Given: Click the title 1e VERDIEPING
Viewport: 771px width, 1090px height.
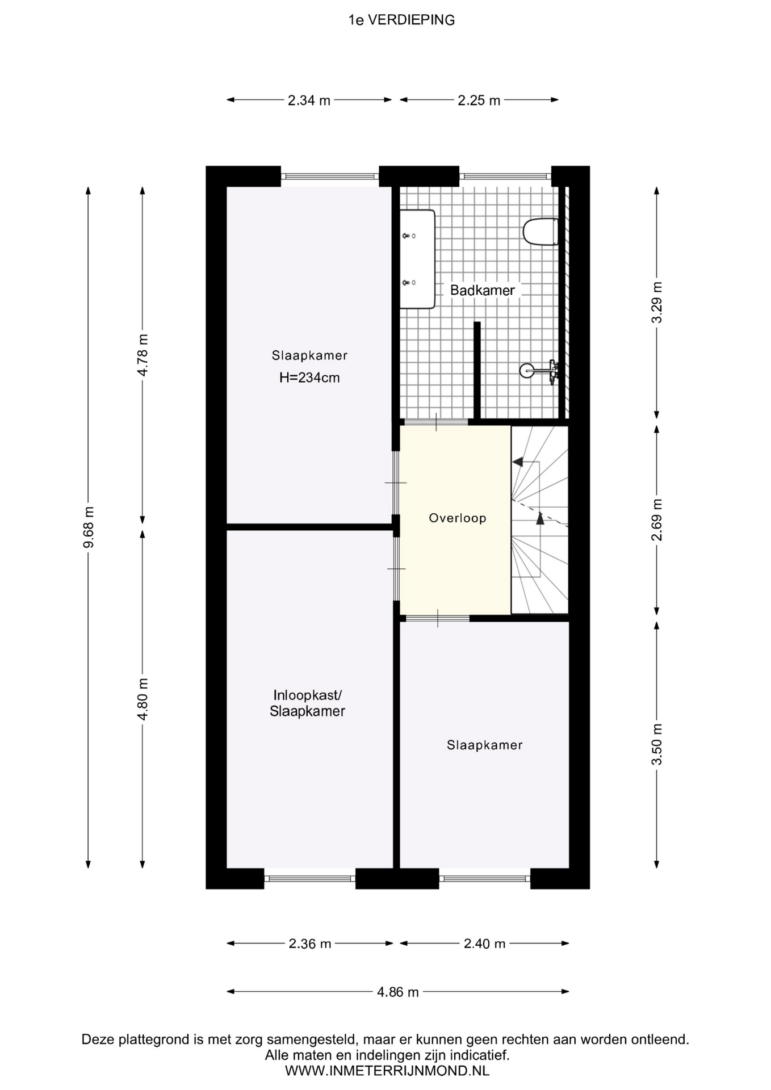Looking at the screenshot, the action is [401, 20].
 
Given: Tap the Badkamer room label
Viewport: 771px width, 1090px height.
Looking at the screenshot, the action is [483, 290].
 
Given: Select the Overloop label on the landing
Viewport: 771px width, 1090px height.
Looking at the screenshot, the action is [458, 518].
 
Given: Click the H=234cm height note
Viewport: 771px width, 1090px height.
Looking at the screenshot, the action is [309, 378].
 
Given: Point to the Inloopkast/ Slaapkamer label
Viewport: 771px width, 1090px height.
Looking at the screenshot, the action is [307, 703].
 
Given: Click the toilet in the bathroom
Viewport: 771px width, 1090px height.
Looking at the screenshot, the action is [540, 232].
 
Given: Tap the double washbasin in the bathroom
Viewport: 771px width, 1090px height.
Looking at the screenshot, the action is [417, 259].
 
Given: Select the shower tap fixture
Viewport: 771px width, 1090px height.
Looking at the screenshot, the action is [539, 371].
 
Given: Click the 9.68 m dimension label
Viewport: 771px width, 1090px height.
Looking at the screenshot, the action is [89, 527].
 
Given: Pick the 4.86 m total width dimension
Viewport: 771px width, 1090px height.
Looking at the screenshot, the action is [398, 992].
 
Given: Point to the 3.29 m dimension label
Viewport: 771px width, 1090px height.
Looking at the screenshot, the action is [657, 303].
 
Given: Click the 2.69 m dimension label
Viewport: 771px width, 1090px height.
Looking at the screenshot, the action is [657, 519].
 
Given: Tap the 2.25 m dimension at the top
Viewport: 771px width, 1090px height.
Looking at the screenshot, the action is [479, 100].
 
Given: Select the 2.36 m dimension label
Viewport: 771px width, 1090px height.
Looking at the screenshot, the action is [310, 944].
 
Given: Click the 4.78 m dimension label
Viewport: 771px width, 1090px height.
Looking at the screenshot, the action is [143, 355].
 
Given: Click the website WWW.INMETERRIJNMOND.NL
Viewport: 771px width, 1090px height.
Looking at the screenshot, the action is [387, 1071].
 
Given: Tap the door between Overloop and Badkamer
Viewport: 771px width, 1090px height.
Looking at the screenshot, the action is [436, 422].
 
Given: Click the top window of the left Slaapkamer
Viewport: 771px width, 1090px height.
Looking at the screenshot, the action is [330, 176].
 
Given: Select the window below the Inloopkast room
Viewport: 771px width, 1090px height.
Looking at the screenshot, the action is [310, 879].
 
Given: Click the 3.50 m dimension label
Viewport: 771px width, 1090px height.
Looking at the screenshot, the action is [657, 744].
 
